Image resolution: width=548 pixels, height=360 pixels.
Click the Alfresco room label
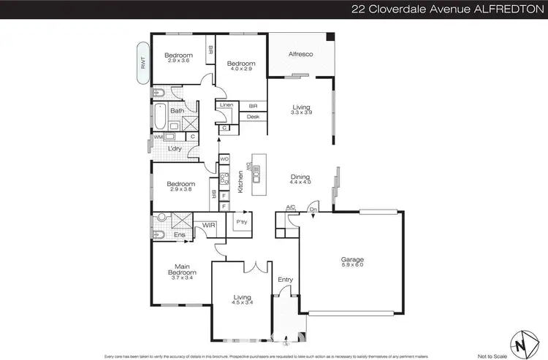300,53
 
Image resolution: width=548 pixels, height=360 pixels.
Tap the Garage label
352,259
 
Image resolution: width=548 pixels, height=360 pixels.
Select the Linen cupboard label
226,105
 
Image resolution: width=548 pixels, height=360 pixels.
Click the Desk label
253,116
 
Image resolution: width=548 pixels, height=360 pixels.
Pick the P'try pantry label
241,222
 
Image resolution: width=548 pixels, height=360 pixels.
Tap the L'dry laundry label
175,148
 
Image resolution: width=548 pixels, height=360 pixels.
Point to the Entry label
285,279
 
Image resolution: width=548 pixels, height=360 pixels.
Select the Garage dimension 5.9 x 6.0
352,266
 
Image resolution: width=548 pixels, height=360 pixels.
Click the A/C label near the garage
290,207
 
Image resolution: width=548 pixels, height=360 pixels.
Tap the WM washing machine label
158,137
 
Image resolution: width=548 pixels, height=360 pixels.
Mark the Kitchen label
240,182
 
